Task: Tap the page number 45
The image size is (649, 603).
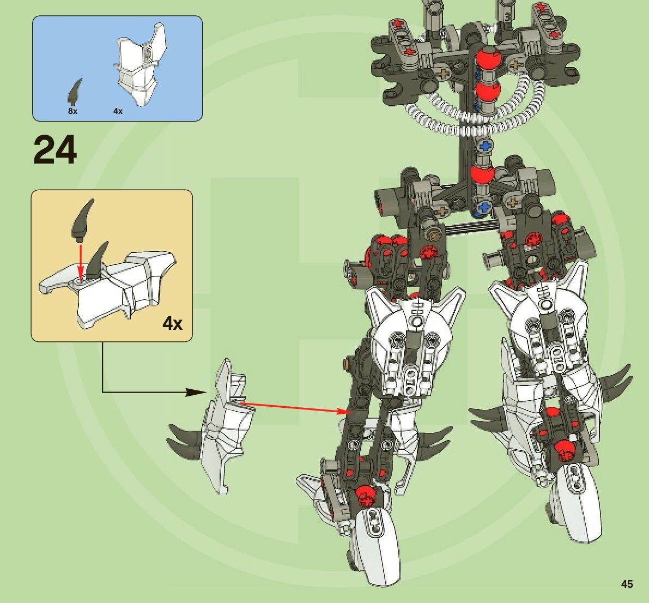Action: pyautogui.click(x=627, y=584)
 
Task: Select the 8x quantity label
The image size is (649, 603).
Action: pyautogui.click(x=72, y=111)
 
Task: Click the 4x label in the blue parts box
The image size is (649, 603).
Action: pyautogui.click(x=118, y=111)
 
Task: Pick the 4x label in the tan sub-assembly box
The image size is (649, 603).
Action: pyautogui.click(x=172, y=323)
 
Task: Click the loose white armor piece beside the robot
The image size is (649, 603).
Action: pyautogui.click(x=226, y=425)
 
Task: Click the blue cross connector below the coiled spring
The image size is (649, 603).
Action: pyautogui.click(x=484, y=146)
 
